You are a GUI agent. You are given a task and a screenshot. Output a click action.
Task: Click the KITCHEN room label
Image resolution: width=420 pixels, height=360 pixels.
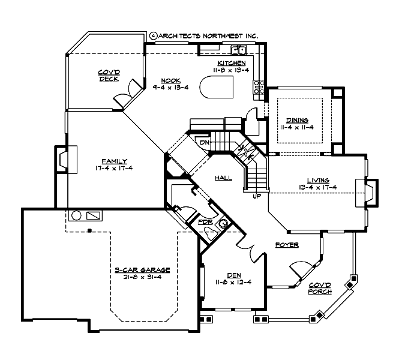click(231, 63)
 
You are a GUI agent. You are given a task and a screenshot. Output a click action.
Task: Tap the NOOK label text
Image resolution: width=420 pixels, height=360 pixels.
click(167, 80)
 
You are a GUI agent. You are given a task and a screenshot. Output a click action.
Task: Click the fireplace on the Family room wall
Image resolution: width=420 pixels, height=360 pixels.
click(63, 160)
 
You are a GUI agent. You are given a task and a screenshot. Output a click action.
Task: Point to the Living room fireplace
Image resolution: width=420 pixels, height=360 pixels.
click(368, 194)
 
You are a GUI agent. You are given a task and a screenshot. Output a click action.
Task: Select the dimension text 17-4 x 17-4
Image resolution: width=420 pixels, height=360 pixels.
click(113, 168)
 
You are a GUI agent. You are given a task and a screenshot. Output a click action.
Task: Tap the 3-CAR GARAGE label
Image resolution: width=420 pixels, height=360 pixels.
click(142, 271)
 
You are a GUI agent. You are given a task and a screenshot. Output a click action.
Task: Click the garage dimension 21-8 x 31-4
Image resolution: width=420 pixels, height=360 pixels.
click(142, 277)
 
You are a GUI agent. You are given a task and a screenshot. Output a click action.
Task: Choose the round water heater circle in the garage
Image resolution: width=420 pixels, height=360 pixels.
click(76, 215)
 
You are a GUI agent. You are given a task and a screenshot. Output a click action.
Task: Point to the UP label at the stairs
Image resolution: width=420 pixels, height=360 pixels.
click(257, 196)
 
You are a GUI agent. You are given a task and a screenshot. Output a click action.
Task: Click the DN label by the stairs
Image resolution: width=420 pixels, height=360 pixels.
click(204, 143)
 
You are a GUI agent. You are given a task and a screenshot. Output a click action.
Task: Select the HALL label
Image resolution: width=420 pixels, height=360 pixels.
click(224, 178)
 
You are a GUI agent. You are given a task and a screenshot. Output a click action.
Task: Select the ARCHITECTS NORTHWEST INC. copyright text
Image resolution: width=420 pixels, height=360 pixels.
click(203, 36)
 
